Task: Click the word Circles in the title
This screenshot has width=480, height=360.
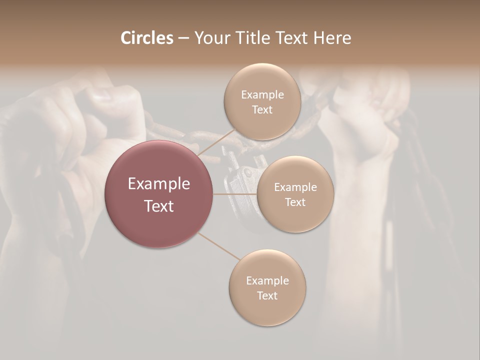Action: click(146, 38)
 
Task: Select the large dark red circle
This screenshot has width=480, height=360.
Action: click(159, 194)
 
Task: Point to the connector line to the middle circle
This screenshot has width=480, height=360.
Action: click(235, 194)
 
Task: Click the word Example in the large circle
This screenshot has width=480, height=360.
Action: click(159, 184)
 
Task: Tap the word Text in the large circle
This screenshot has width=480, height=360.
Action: click(159, 205)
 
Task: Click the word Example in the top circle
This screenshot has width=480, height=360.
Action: click(262, 95)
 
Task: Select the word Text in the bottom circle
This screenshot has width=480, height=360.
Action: click(267, 295)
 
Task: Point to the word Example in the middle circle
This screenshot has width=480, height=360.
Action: click(295, 187)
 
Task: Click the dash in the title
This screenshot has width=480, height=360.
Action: click(183, 38)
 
